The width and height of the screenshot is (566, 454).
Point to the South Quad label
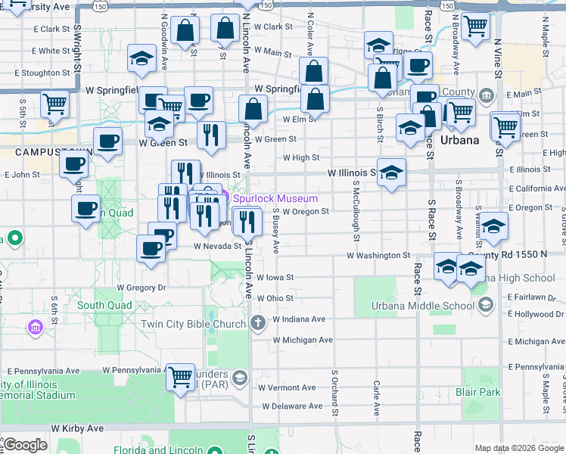click(x=104, y=306)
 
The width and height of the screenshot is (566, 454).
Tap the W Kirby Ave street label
click(x=76, y=428)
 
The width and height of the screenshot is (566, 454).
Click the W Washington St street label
click(x=378, y=256)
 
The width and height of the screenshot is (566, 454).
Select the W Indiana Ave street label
click(x=299, y=319)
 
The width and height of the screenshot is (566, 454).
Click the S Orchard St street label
click(x=334, y=392)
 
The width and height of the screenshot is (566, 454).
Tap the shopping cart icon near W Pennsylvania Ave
click(x=180, y=375)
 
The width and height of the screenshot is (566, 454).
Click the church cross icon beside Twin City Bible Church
click(x=258, y=324)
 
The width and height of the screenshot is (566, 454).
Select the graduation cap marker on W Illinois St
click(x=391, y=173)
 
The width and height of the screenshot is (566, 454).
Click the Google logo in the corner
click(x=25, y=445)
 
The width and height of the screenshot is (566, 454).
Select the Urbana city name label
click(x=460, y=141)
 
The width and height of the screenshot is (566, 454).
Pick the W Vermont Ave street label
click(x=286, y=387)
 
